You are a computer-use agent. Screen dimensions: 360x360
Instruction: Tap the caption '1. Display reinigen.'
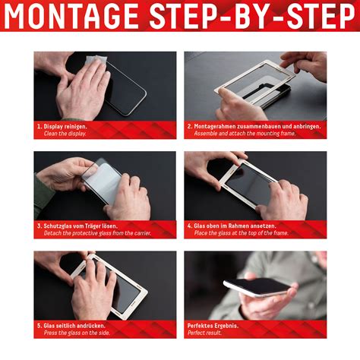click(x=62, y=125)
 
